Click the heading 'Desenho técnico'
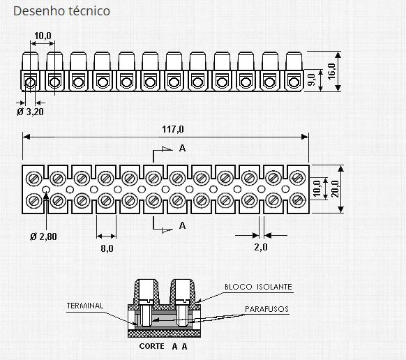[x=61, y=12]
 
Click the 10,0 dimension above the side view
[x=43, y=35]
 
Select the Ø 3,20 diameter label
[x=30, y=111]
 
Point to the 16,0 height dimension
[x=331, y=70]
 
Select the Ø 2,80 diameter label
[x=44, y=237]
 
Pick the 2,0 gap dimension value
[x=260, y=247]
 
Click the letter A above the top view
[x=181, y=148]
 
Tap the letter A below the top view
[x=181, y=225]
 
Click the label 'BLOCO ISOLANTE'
[x=258, y=287]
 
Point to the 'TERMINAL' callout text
[x=85, y=306]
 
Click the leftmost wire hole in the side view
[x=31, y=83]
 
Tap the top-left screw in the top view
[x=34, y=176]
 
